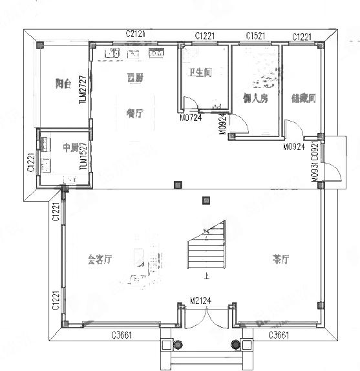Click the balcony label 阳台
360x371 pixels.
tap(63, 83)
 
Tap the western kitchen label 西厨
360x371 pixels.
tap(134, 78)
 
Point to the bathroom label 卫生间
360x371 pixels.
tap(200, 73)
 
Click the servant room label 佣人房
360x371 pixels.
tap(255, 98)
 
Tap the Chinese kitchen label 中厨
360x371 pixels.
tap(52, 146)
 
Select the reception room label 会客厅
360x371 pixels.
tap(100, 260)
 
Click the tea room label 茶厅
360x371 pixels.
tap(280, 259)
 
